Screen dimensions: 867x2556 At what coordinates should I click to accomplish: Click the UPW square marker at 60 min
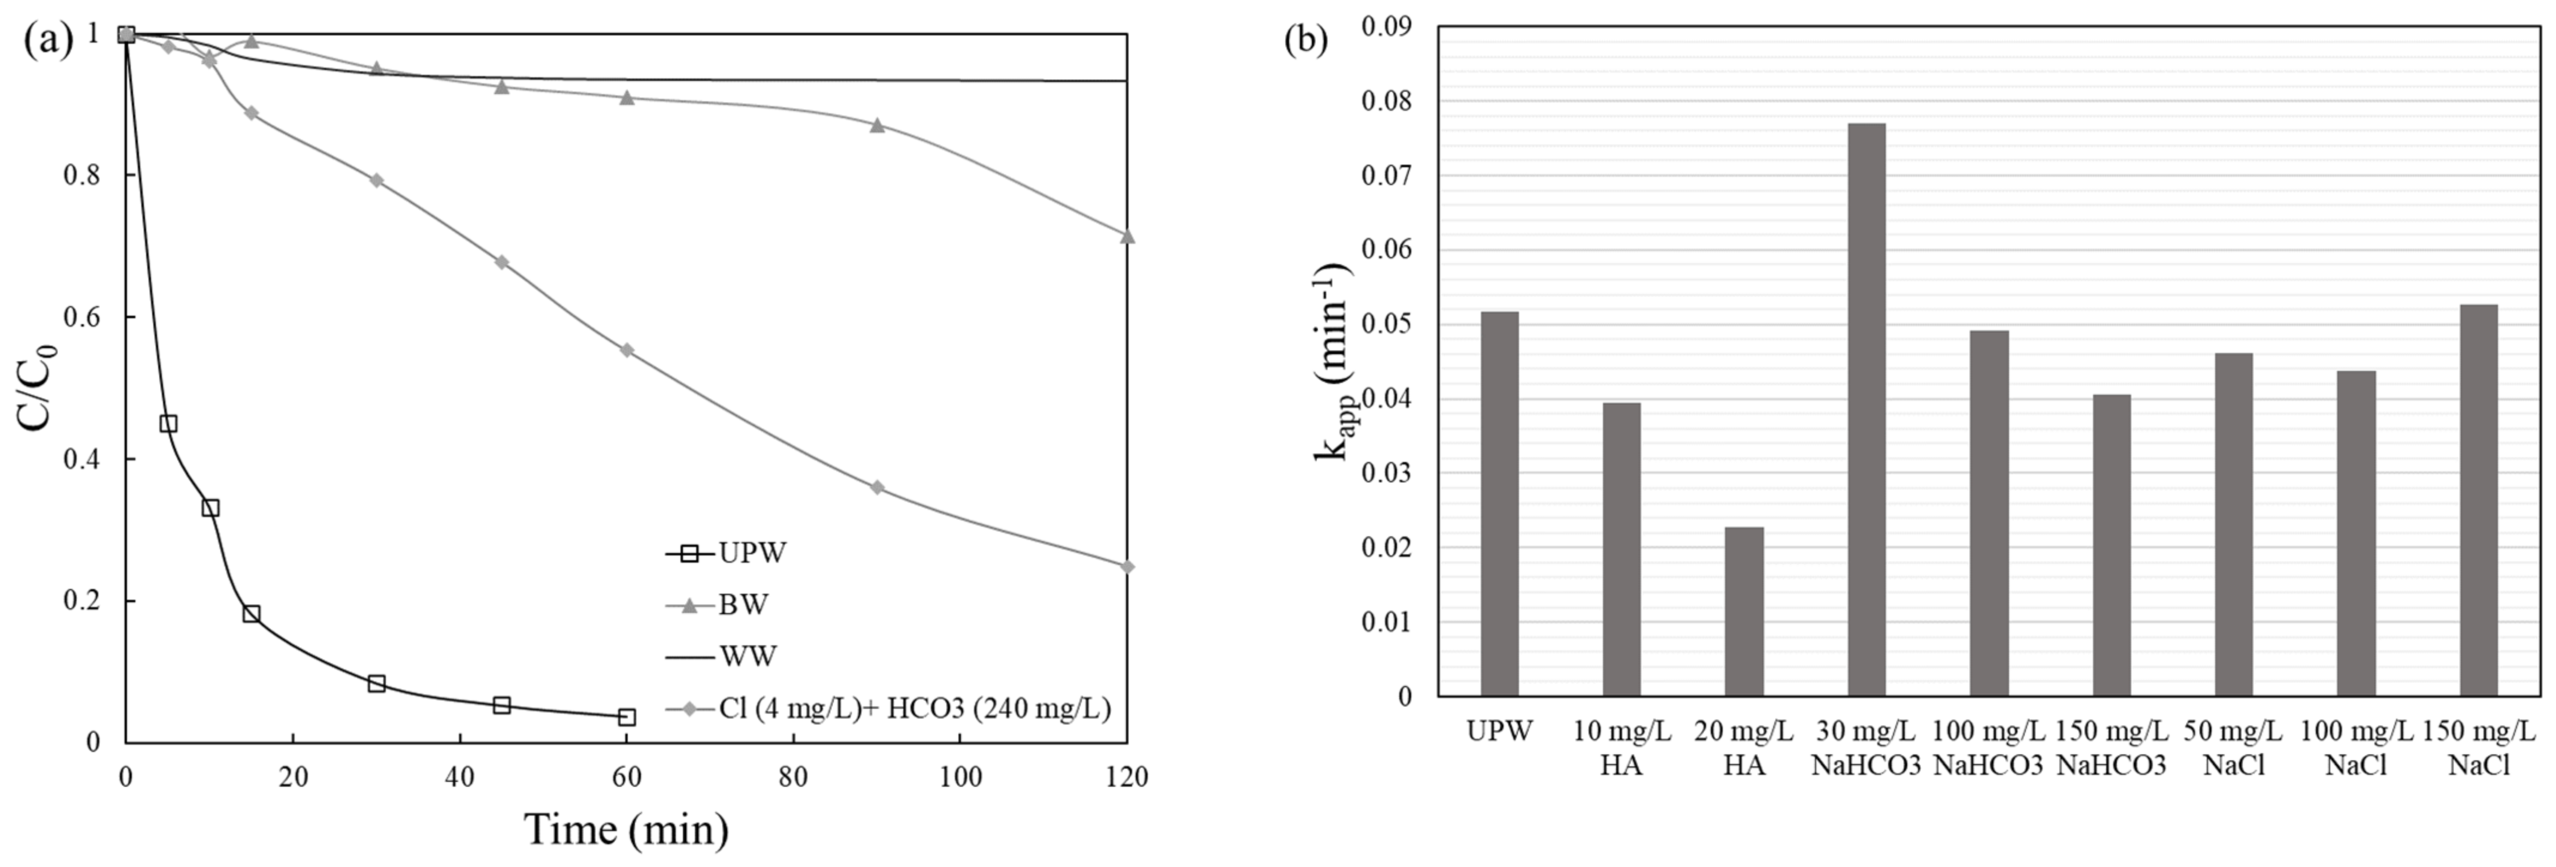pos(626,716)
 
